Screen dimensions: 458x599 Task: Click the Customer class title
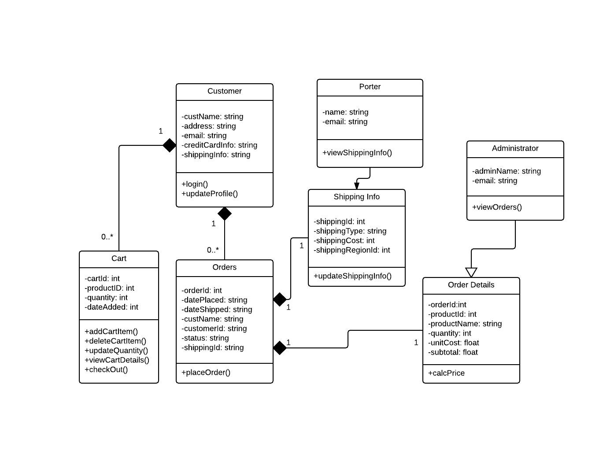click(x=224, y=91)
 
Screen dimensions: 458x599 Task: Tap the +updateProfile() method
click(x=210, y=194)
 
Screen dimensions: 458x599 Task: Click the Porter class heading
click(x=370, y=87)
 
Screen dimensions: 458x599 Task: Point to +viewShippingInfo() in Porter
click(x=357, y=153)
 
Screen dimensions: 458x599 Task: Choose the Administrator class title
click(x=515, y=148)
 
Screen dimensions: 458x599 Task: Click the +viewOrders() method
click(x=497, y=207)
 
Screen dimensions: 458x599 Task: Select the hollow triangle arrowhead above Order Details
click(x=471, y=273)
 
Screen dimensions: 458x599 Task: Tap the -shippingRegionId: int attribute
click(x=352, y=250)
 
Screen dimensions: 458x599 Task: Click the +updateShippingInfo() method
click(x=352, y=276)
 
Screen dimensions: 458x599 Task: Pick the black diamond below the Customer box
click(x=225, y=214)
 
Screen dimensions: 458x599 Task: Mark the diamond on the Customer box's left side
click(x=170, y=145)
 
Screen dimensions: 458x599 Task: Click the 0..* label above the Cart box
click(x=107, y=237)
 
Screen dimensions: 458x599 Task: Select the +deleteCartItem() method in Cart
click(x=115, y=341)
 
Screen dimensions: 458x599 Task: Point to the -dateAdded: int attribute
click(x=111, y=307)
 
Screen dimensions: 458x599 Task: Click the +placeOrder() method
click(x=206, y=373)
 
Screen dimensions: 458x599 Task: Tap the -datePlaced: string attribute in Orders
click(x=214, y=300)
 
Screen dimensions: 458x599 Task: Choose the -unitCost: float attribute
click(x=454, y=343)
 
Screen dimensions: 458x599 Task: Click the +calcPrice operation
click(x=446, y=373)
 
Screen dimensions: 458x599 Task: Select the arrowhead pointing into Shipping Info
click(x=357, y=186)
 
